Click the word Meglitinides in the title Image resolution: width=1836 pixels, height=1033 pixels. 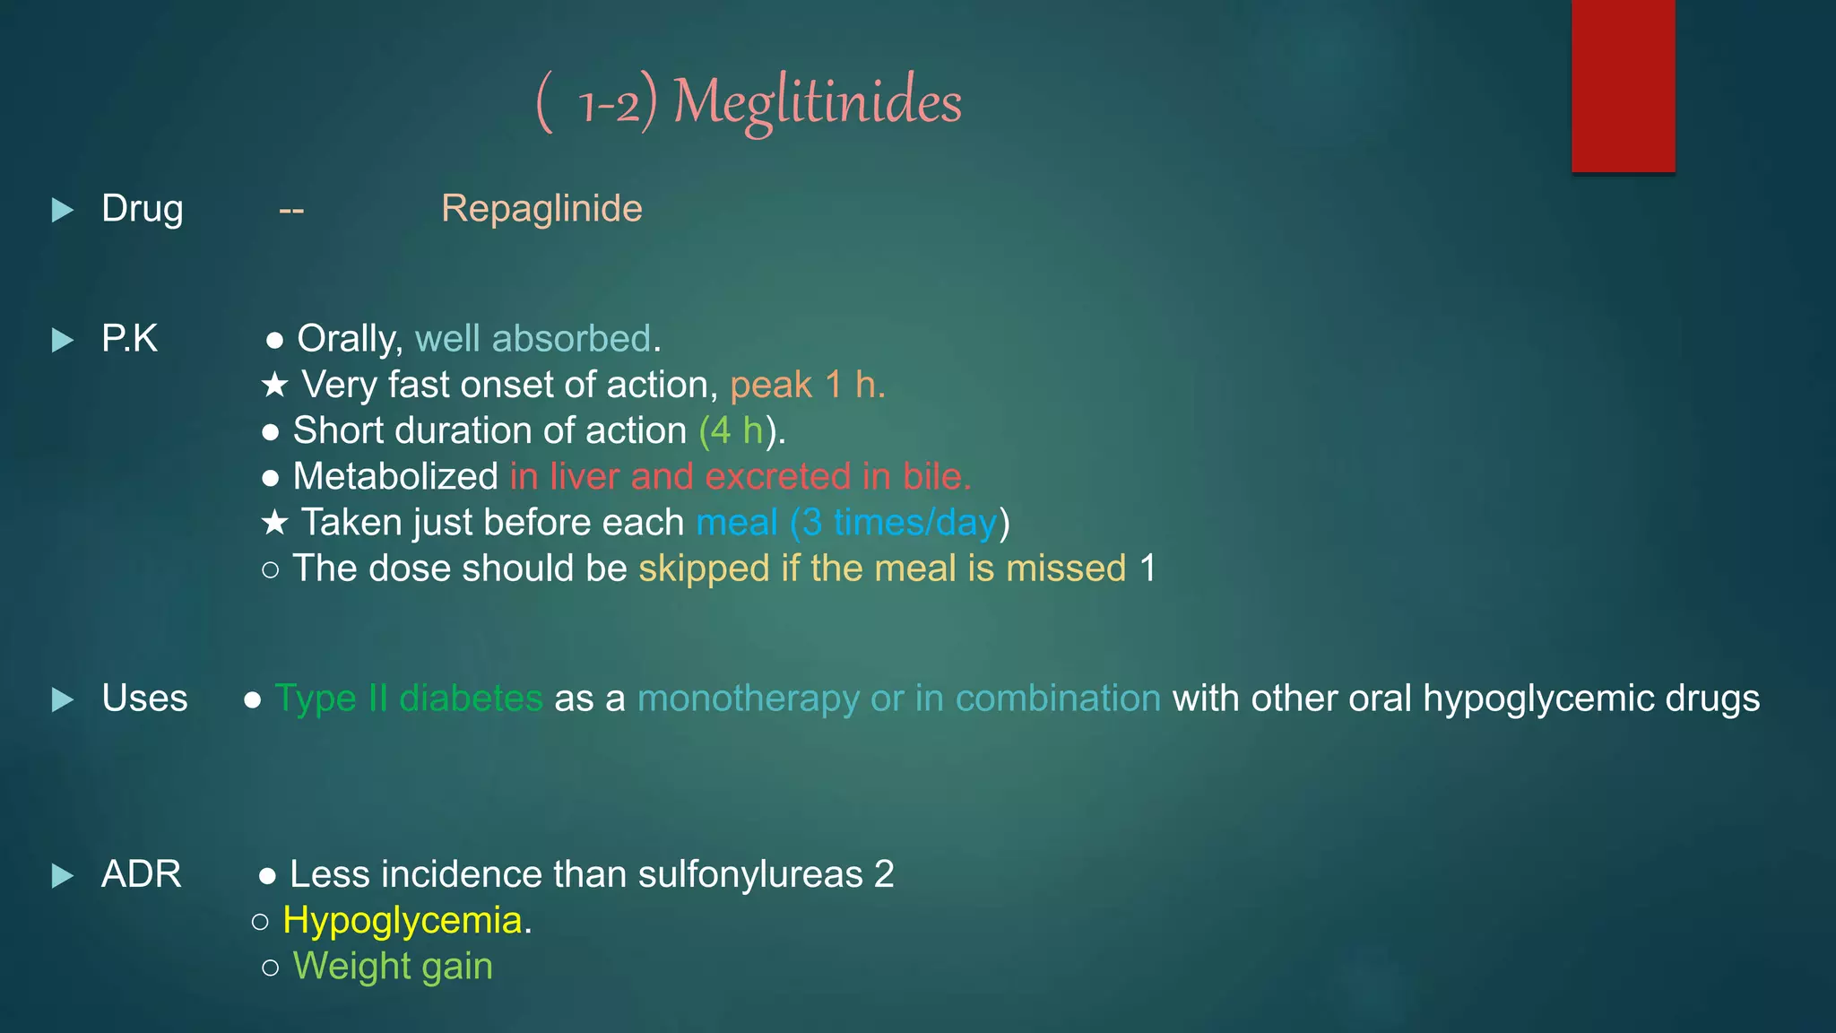[x=817, y=101]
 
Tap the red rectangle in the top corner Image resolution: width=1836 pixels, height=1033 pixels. [x=1623, y=85]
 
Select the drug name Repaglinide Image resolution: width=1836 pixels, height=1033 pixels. [x=541, y=209]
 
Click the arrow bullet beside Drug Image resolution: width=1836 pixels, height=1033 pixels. [x=62, y=210]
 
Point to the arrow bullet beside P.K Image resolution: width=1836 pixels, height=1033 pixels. [x=62, y=340]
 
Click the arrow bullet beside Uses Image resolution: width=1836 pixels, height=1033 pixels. [x=62, y=699]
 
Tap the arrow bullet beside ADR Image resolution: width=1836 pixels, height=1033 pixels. [x=62, y=875]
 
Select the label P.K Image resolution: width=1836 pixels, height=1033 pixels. [x=129, y=339]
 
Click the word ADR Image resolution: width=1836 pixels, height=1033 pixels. [x=141, y=874]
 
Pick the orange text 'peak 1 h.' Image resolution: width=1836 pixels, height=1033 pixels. [x=807, y=386]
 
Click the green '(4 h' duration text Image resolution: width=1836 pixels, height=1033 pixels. [x=731, y=431]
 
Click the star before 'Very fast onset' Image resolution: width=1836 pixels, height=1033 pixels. [x=274, y=386]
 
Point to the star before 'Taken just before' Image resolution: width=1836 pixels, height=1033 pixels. [x=274, y=523]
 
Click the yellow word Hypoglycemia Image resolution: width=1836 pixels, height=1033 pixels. [x=403, y=921]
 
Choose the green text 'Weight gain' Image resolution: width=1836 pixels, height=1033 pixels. [x=393, y=967]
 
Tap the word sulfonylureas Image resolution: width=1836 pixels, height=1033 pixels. [x=750, y=874]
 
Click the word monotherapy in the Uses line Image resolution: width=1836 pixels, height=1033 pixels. [x=748, y=699]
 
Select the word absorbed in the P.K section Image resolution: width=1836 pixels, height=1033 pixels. [x=570, y=339]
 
